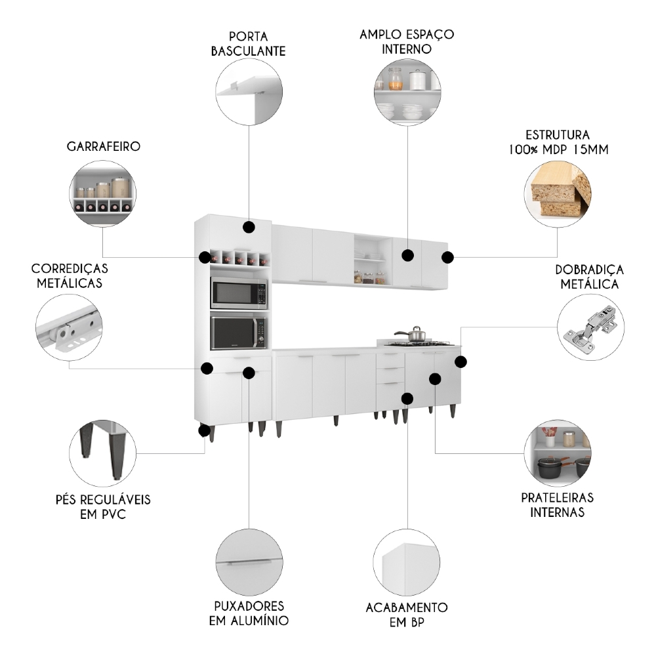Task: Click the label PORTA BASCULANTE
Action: pyautogui.click(x=249, y=43)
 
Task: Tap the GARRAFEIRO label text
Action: pyautogui.click(x=103, y=146)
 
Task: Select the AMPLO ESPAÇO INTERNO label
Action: pyautogui.click(x=407, y=41)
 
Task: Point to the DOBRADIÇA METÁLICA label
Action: pyautogui.click(x=589, y=276)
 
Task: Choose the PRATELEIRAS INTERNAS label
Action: pyautogui.click(x=558, y=505)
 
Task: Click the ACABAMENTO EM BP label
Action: pyautogui.click(x=407, y=614)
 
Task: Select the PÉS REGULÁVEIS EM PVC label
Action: pyautogui.click(x=103, y=506)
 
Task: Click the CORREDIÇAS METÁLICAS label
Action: pyautogui.click(x=70, y=276)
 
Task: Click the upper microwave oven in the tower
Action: pyautogui.click(x=239, y=293)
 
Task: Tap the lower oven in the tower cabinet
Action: pyautogui.click(x=239, y=333)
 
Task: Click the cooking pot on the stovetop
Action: pyautogui.click(x=412, y=335)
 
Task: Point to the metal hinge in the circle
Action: pyautogui.click(x=590, y=327)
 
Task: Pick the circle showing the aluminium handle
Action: pyautogui.click(x=249, y=562)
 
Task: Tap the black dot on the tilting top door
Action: pyautogui.click(x=249, y=227)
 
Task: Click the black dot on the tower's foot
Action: pyautogui.click(x=204, y=431)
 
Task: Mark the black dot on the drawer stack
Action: pyautogui.click(x=407, y=398)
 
